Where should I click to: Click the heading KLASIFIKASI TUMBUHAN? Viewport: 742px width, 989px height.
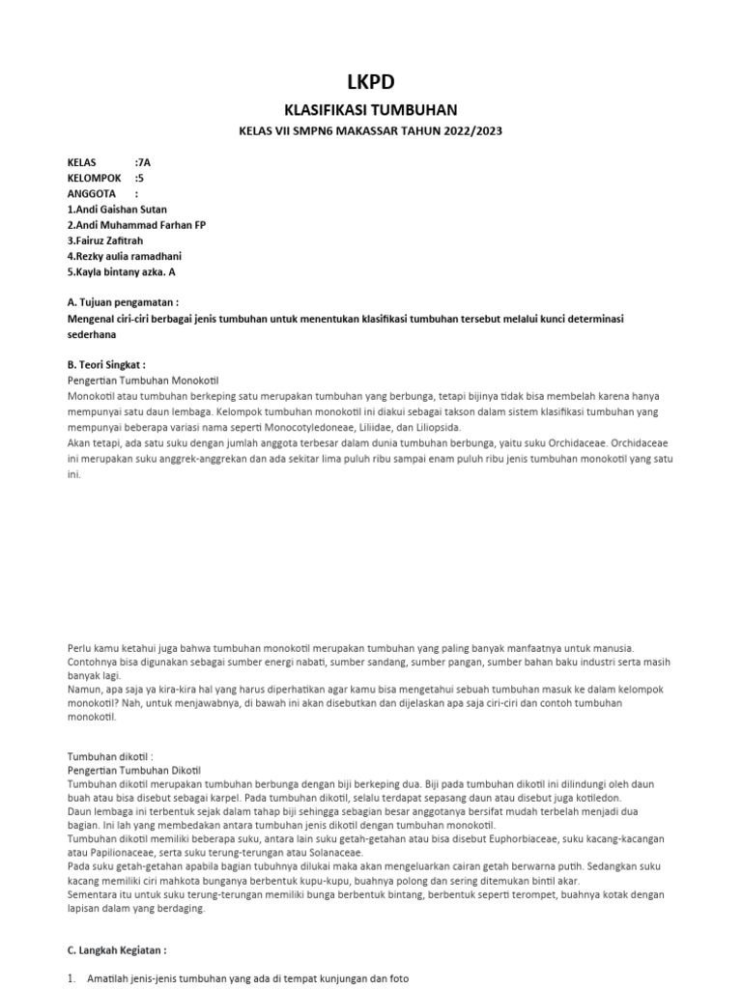370,110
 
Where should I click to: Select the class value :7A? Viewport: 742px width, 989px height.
143,162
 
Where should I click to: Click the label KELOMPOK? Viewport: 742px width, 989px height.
94,178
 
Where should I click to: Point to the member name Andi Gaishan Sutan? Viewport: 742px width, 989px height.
121,209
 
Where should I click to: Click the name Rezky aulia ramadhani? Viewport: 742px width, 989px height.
125,256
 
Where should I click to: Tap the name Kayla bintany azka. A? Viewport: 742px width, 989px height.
122,271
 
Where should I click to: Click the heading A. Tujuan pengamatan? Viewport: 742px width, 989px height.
123,302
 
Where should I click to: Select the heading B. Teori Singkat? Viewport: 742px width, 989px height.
106,365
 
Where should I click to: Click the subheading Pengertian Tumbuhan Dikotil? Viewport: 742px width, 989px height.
134,770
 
